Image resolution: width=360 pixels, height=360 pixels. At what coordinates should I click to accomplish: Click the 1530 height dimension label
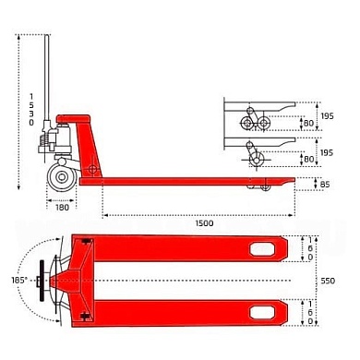30,109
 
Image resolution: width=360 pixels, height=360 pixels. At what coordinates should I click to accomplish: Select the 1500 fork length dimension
204,223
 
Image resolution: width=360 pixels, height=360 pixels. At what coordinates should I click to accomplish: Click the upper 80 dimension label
307,121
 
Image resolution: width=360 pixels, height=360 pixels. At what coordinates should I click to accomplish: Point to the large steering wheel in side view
63,178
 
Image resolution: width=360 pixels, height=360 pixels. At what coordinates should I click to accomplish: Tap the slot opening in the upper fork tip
268,249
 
